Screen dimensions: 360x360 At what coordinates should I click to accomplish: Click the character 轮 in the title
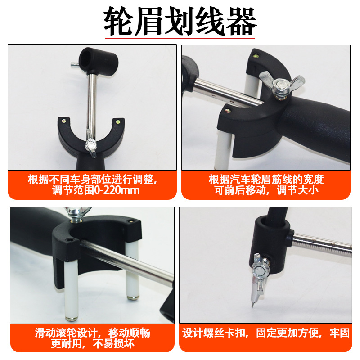(119, 21)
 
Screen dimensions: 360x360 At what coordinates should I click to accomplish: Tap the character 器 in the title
(242, 21)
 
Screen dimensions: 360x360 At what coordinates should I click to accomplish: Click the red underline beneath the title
(180, 38)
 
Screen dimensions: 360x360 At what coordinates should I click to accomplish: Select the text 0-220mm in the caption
(117, 190)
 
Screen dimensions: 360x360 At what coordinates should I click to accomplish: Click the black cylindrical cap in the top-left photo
(98, 60)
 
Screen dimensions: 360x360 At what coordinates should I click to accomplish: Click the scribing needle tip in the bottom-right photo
(253, 306)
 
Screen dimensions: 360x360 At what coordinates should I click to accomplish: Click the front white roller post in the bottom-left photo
(71, 290)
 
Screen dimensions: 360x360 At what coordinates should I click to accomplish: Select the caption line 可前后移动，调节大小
(266, 190)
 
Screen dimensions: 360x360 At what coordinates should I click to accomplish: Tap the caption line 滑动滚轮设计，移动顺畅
(92, 333)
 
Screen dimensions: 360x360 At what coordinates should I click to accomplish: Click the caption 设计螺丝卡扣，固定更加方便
(252, 333)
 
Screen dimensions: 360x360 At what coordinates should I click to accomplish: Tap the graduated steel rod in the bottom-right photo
(322, 245)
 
